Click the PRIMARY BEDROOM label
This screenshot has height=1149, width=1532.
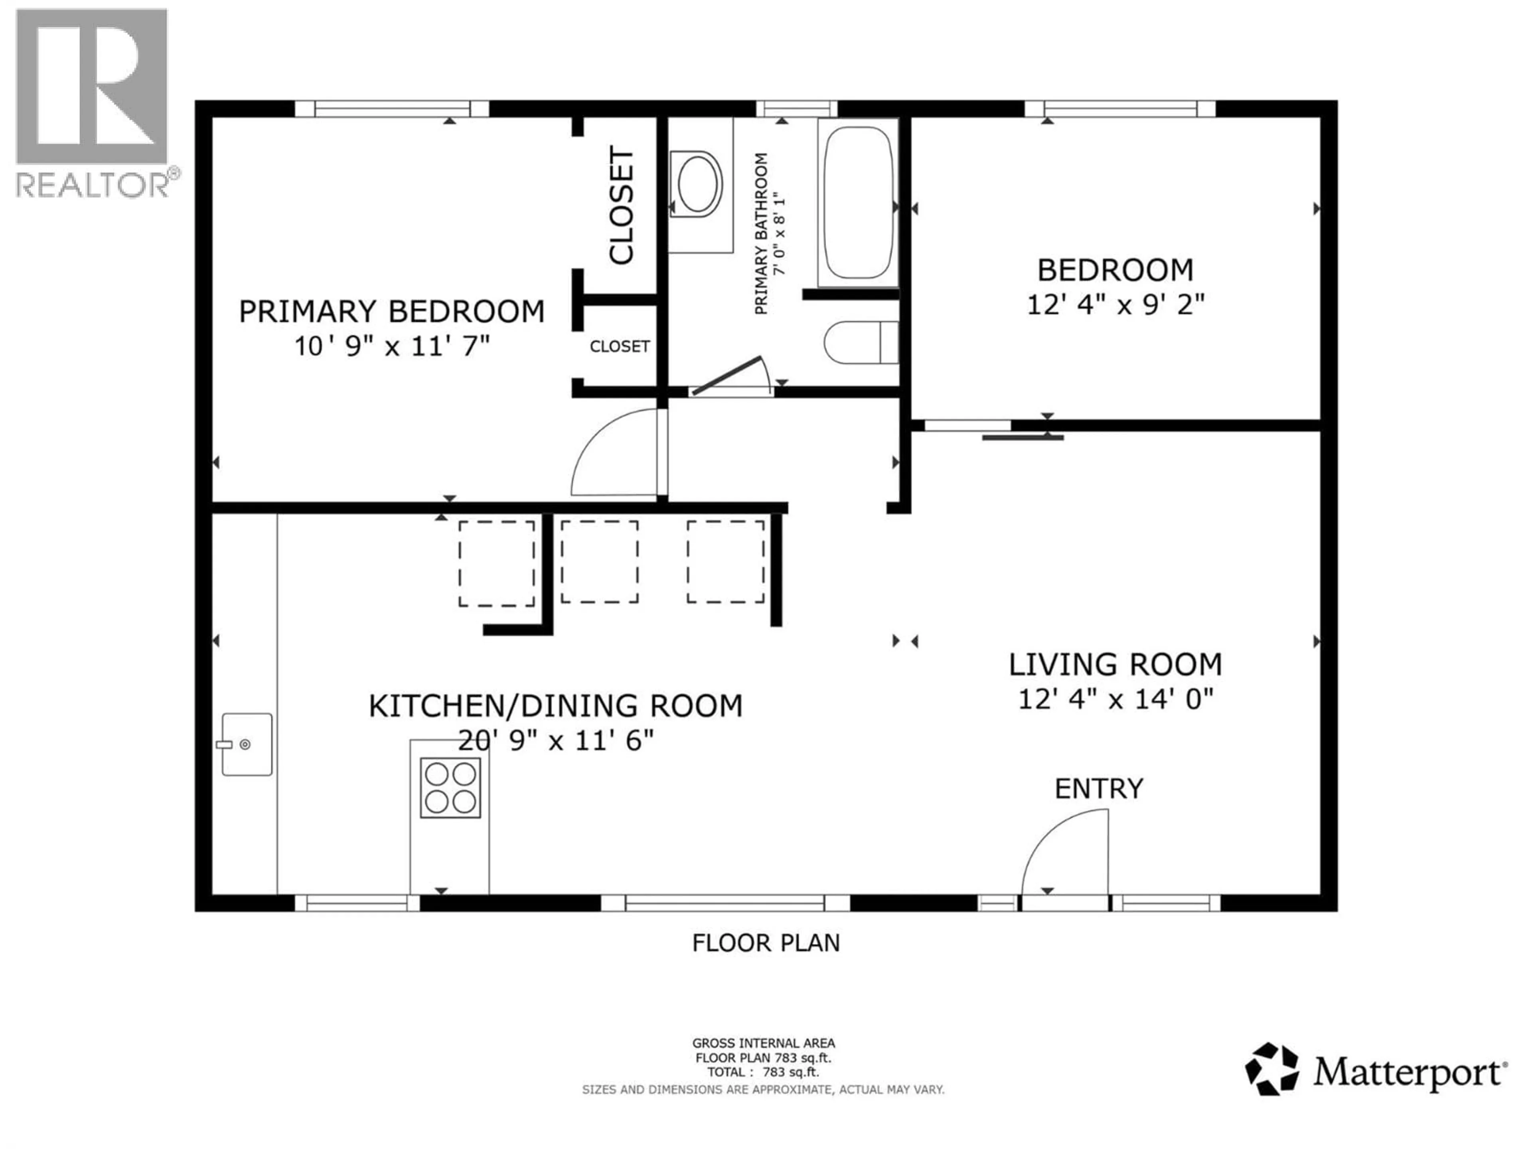pos(391,312)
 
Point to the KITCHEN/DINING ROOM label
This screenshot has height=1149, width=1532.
pos(555,706)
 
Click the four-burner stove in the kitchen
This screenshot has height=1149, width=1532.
pos(450,788)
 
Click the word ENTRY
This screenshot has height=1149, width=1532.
pos(1098,789)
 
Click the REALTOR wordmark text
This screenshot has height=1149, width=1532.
pos(92,185)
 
